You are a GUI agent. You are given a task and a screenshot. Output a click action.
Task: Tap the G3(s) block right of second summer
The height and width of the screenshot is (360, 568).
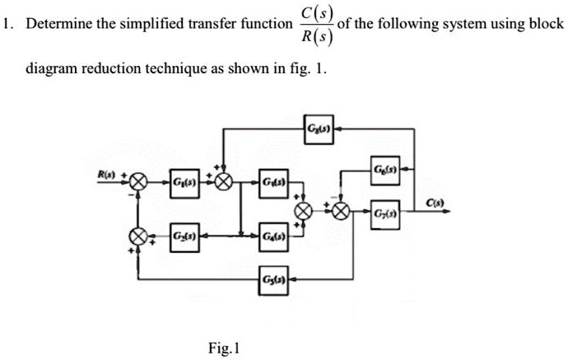272,180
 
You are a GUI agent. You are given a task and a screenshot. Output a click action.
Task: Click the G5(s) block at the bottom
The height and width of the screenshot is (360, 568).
272,274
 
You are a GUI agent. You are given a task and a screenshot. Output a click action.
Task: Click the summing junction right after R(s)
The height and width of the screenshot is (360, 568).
137,180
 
